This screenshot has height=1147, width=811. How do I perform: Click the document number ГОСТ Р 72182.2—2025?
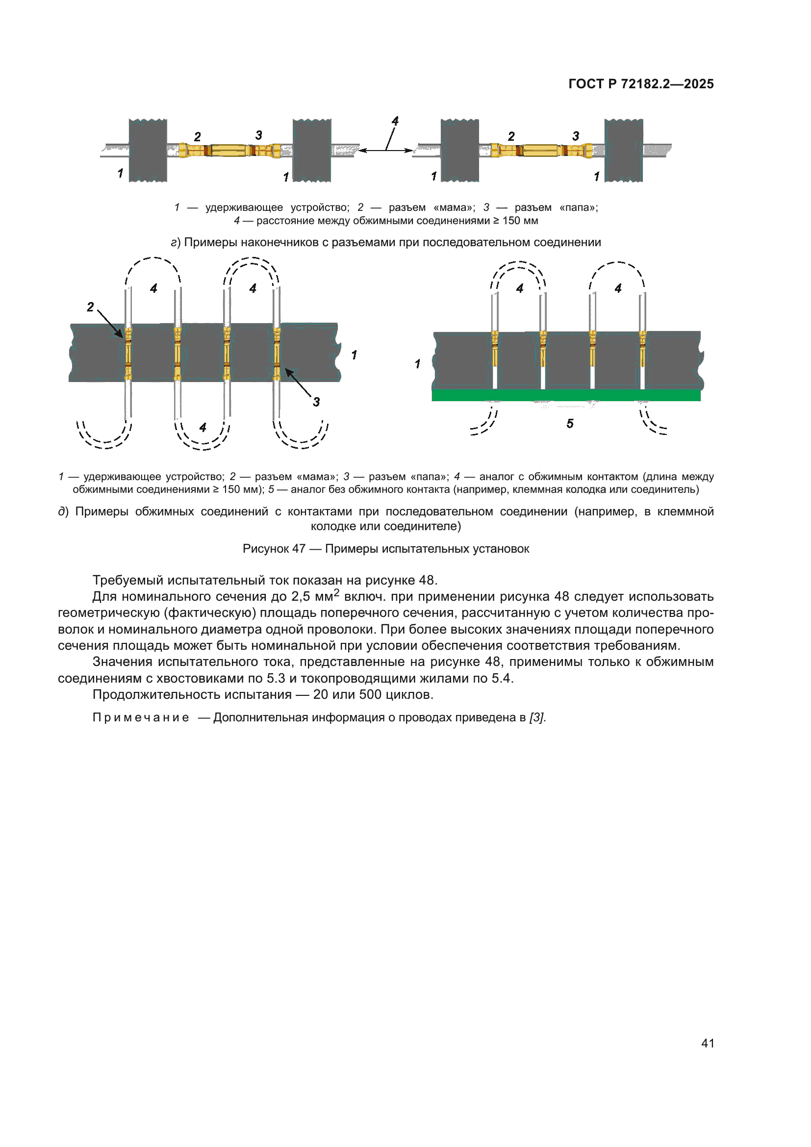(641, 84)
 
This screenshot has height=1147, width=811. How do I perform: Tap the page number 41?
(707, 1043)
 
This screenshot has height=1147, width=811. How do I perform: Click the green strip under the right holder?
(566, 396)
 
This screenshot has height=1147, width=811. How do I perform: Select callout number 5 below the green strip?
(570, 424)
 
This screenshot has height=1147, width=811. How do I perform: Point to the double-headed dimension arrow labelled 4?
(386, 150)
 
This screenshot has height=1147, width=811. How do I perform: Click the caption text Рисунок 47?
(274, 549)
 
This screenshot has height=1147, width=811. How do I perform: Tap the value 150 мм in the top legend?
(520, 221)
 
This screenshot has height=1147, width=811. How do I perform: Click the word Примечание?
(141, 717)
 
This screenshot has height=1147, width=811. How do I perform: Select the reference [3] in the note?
(537, 717)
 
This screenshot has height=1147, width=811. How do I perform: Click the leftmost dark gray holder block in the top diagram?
(148, 151)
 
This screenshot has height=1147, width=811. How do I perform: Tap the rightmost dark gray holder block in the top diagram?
(623, 151)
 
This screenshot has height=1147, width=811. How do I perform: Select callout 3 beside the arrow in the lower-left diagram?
(316, 402)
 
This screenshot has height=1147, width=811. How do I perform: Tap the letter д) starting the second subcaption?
(63, 511)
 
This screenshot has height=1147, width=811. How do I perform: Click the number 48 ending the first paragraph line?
(427, 580)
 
